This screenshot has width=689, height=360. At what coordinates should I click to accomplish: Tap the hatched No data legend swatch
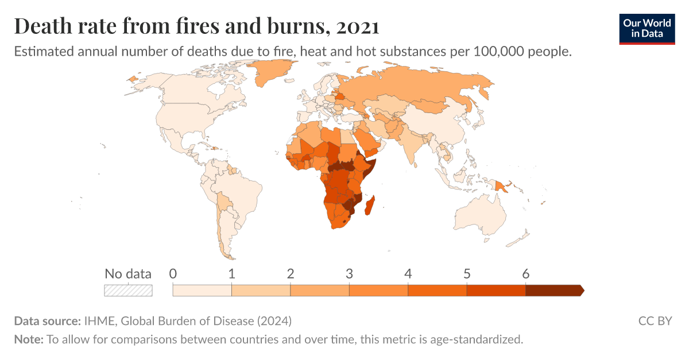128,291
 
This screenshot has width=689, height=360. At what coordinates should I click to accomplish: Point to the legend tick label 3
349,274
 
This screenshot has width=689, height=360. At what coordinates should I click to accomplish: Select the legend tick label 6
525,274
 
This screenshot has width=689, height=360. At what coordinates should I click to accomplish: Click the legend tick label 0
173,274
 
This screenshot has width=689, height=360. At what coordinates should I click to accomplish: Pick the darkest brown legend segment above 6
553,291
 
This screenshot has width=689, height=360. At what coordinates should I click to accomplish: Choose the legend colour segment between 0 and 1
202,291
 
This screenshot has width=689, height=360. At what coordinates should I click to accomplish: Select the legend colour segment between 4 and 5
437,291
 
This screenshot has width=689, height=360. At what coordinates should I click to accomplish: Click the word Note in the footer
28,339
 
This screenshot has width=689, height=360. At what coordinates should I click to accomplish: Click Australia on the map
479,216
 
